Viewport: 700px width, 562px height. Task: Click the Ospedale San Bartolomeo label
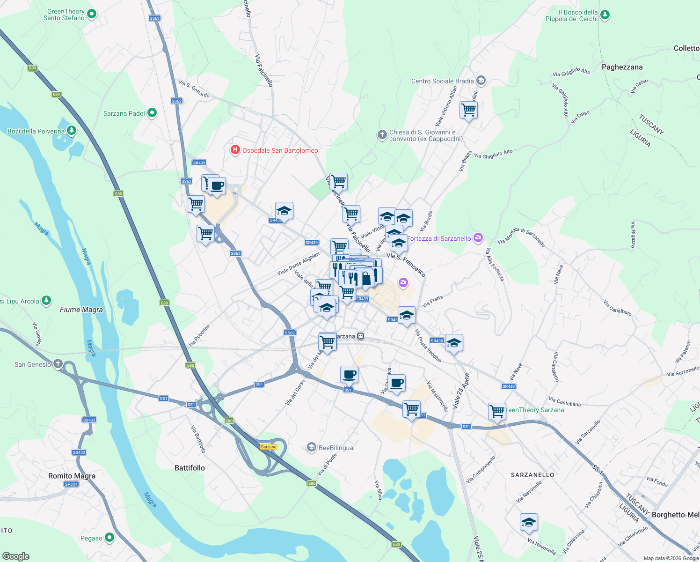click(280, 150)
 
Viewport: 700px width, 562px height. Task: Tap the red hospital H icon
click(235, 150)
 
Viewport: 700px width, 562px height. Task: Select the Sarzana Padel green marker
click(152, 113)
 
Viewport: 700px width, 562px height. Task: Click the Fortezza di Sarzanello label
click(439, 238)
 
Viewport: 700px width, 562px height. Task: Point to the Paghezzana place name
click(622, 67)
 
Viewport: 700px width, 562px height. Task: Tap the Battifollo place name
click(190, 468)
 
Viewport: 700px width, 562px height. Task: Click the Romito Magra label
click(72, 476)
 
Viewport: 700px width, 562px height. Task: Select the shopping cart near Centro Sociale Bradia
click(468, 110)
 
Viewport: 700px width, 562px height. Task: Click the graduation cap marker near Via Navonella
click(529, 522)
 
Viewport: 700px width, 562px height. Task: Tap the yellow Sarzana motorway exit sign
click(269, 447)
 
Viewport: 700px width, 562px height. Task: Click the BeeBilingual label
click(336, 448)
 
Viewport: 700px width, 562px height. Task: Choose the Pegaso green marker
click(109, 538)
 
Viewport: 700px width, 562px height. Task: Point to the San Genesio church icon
click(58, 364)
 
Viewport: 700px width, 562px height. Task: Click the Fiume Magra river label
click(81, 310)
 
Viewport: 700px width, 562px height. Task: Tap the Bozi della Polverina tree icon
click(71, 131)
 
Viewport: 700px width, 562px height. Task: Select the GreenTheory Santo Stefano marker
click(91, 15)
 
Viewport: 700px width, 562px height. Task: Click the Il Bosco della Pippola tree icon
click(605, 15)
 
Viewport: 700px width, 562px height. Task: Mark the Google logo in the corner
click(15, 556)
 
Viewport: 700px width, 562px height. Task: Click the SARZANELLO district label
click(532, 475)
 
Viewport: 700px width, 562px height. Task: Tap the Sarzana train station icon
click(360, 336)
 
